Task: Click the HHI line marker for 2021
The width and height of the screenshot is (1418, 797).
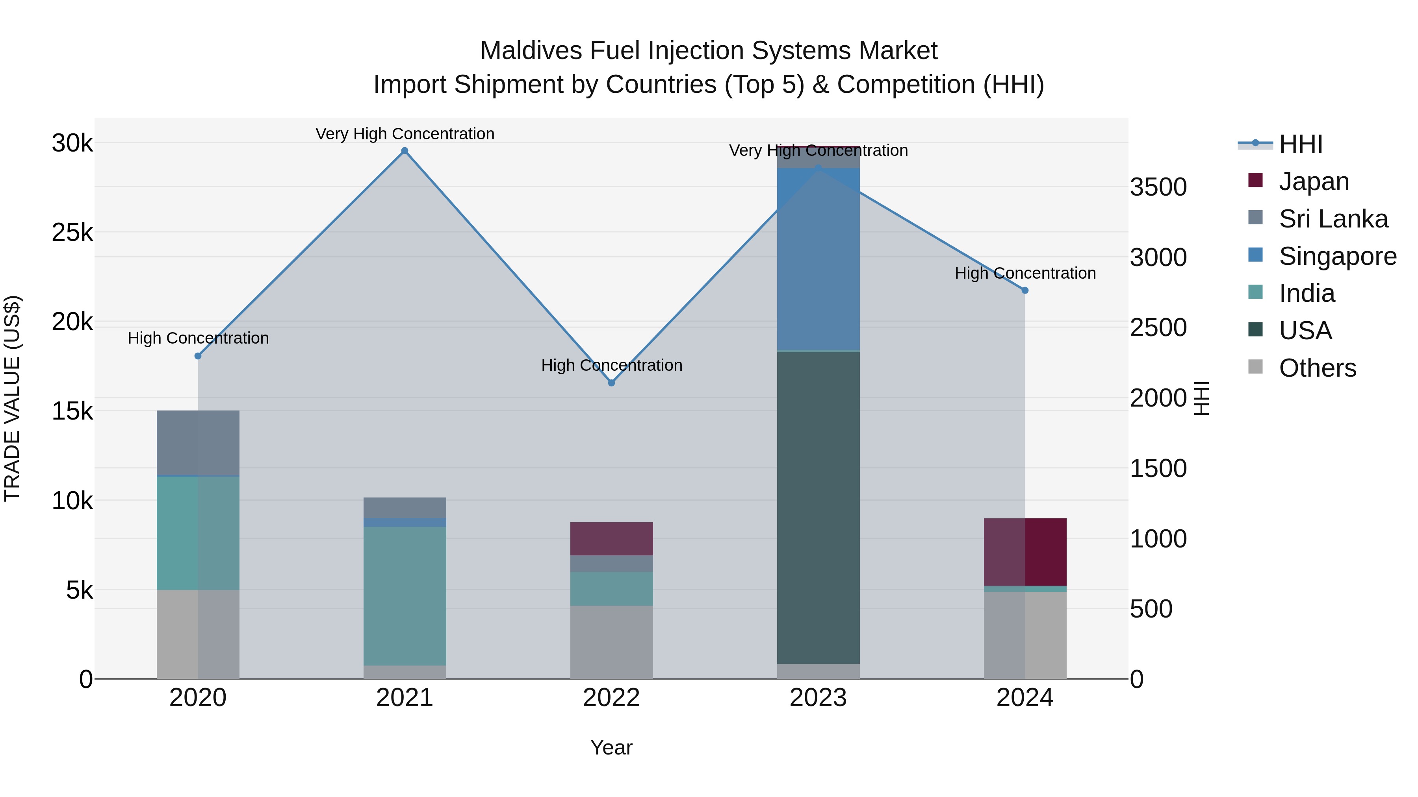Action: (x=405, y=151)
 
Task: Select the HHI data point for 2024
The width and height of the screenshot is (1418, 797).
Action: (x=1025, y=290)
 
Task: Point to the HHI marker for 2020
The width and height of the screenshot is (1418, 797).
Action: (x=198, y=356)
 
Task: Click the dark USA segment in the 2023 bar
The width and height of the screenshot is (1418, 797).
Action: (x=818, y=506)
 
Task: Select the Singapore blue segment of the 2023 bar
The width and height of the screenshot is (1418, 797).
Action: (x=818, y=259)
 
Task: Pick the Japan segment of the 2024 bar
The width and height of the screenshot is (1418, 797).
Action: (x=1025, y=552)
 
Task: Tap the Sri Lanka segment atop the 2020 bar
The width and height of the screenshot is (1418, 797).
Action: (x=198, y=442)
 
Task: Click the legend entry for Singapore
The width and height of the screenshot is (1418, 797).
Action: (x=1338, y=256)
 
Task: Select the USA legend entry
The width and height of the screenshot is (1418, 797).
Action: (x=1305, y=331)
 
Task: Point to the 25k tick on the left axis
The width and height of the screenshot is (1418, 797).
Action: (x=72, y=233)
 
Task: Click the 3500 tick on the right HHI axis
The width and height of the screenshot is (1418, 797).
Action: (x=1158, y=187)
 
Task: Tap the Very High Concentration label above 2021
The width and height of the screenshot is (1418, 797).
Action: (x=405, y=134)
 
